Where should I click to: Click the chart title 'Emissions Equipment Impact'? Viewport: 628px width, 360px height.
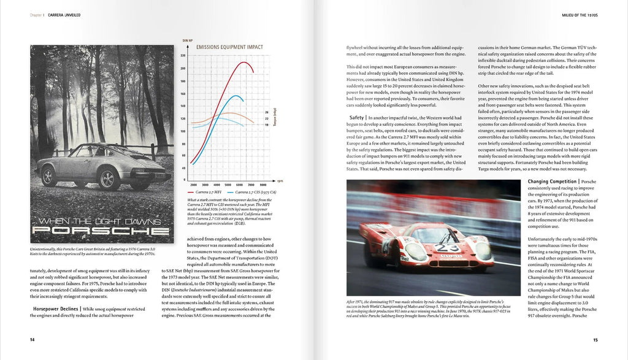coord(230,47)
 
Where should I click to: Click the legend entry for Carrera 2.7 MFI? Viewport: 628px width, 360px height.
coord(209,192)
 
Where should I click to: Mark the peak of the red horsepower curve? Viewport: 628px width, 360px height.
coord(244,62)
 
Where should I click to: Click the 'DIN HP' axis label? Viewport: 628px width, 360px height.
coord(188,40)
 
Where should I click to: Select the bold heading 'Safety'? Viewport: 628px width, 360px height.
coord(357,117)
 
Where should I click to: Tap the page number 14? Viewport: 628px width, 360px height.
coord(33,339)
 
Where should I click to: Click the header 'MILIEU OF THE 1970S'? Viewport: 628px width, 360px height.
coord(570,13)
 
